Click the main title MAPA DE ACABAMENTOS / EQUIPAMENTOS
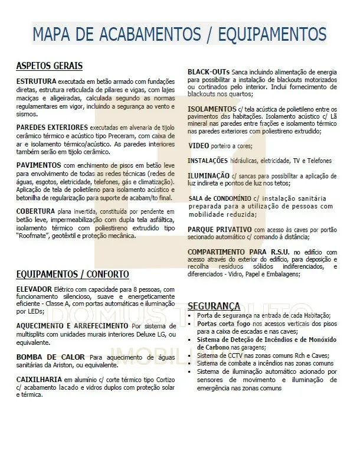pyautogui.click(x=179, y=34)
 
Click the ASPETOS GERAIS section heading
pyautogui.click(x=49, y=66)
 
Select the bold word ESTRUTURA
pyautogui.click(x=36, y=80)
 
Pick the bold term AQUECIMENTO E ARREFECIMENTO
pyautogui.click(x=72, y=326)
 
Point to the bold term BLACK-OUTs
pyautogui.click(x=209, y=71)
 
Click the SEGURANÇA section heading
pyautogui.click(x=214, y=306)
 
